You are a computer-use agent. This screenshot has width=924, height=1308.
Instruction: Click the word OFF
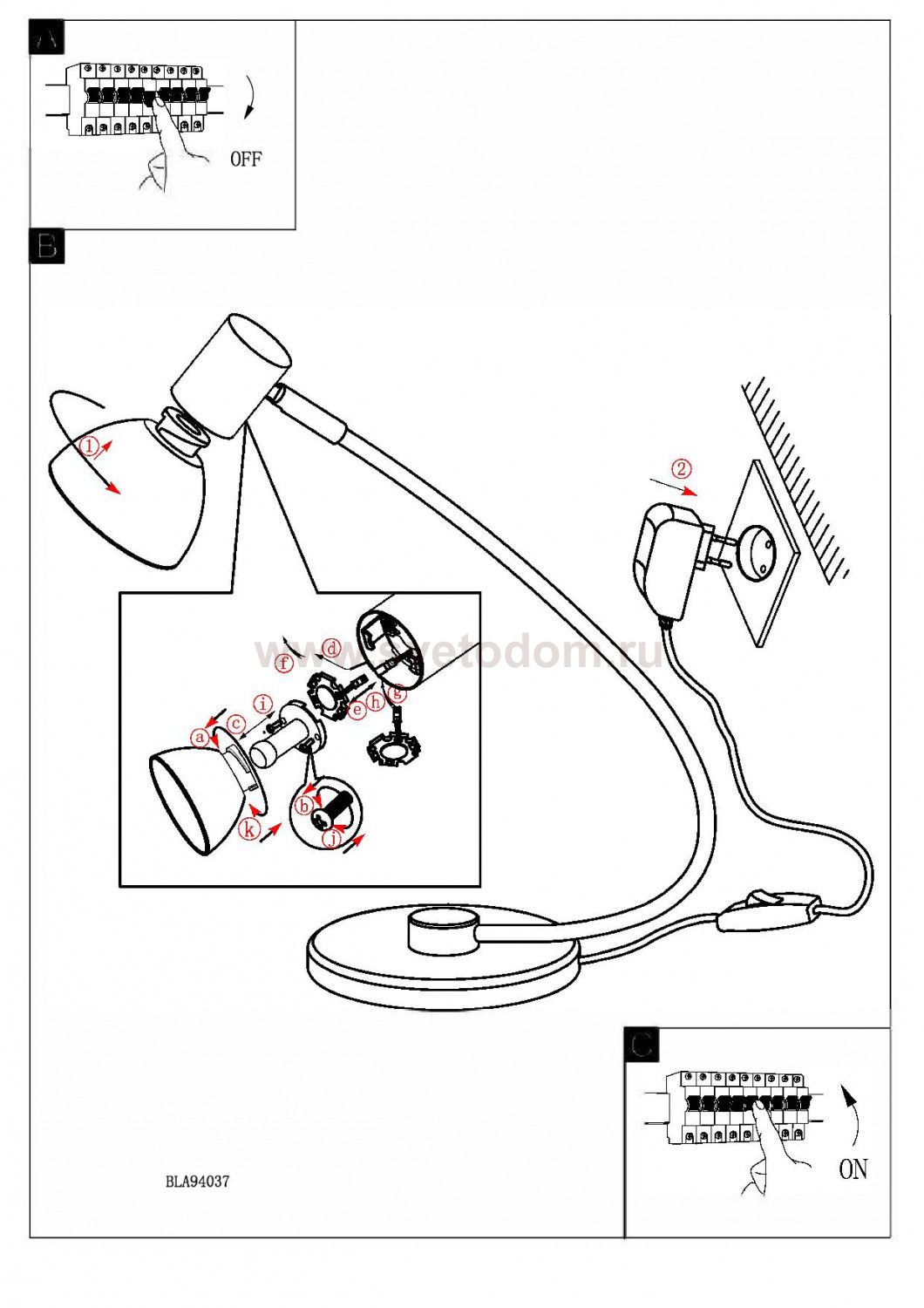pos(245,159)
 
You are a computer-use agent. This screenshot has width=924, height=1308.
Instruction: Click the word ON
pos(853,1168)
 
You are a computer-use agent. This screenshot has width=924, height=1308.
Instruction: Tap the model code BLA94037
pos(198,1182)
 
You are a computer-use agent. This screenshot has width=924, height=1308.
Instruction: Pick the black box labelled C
pos(642,1044)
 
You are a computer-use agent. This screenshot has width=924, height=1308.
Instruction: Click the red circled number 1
pos(89,446)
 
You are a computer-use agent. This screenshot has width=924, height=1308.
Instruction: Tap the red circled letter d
pos(331,648)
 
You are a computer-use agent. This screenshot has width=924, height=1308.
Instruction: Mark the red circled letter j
pos(331,839)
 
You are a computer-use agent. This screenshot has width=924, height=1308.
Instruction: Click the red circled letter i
pos(262,704)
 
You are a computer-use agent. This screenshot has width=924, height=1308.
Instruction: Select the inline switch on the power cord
pos(770,908)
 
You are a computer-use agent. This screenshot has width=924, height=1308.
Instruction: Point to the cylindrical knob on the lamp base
pos(442,930)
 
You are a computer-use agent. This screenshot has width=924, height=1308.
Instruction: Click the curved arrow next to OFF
pos(251,98)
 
